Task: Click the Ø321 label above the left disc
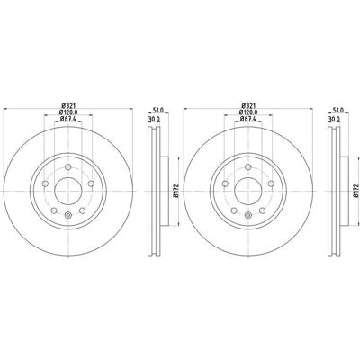pyautogui.click(x=68, y=105)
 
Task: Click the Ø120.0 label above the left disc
pyautogui.click(x=68, y=112)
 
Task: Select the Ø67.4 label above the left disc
pyautogui.click(x=68, y=119)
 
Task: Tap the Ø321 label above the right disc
pyautogui.click(x=248, y=105)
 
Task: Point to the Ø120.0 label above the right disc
pyautogui.click(x=248, y=112)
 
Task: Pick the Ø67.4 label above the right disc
pyautogui.click(x=248, y=119)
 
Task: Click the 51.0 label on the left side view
pyautogui.click(x=158, y=111)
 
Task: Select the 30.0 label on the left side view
pyautogui.click(x=154, y=119)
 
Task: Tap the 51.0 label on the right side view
pyautogui.click(x=338, y=111)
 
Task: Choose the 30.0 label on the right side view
pyautogui.click(x=334, y=119)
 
